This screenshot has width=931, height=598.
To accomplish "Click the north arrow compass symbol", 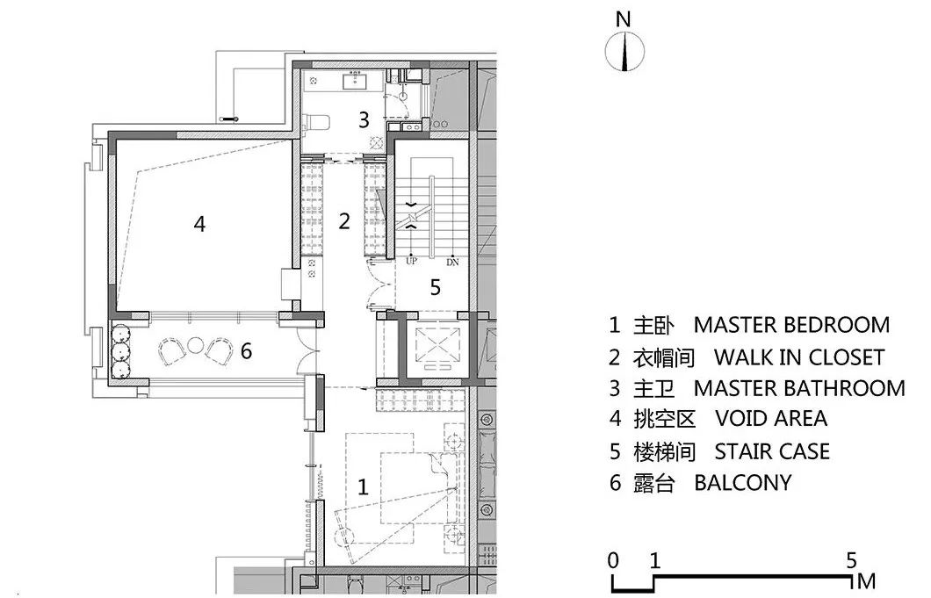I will click(x=624, y=52).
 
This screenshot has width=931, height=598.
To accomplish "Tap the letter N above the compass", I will click(x=624, y=18).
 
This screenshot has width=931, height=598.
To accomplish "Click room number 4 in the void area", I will click(x=199, y=225).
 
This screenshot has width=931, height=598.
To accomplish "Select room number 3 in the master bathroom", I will click(x=364, y=120).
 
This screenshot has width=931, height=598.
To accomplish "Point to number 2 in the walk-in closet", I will click(x=344, y=220).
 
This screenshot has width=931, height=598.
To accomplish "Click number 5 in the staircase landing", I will click(x=435, y=286).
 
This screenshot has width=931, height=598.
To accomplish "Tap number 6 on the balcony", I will click(x=246, y=351).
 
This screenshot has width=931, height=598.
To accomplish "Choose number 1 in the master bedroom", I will click(x=363, y=488).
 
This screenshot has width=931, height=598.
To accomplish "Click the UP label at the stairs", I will click(x=411, y=262).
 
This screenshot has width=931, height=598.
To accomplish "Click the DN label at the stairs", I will click(x=452, y=262).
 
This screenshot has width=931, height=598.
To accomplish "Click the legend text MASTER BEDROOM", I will click(x=791, y=325).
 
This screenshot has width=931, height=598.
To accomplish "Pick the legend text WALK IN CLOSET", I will click(x=798, y=357).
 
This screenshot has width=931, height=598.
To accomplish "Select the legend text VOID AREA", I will click(x=771, y=419).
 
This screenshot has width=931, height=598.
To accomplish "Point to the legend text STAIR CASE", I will click(x=771, y=451).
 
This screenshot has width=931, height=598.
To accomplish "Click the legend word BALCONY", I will click(x=742, y=483).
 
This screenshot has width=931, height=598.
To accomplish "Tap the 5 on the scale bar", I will click(x=851, y=559).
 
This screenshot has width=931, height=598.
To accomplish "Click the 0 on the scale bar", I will click(x=613, y=559).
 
